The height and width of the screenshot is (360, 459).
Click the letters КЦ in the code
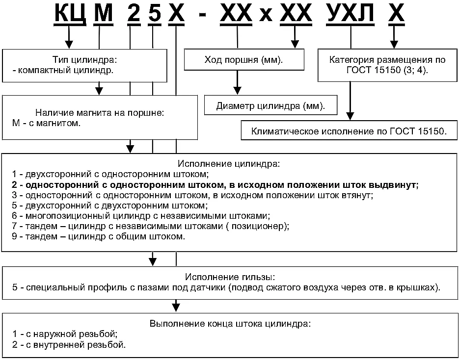pos(70,13)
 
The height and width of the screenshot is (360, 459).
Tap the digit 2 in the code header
pos(134,13)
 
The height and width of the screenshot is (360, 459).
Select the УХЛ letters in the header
pos(351,13)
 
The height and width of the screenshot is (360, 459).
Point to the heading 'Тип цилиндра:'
pos(84,60)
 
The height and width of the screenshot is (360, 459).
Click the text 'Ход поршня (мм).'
pos(244,60)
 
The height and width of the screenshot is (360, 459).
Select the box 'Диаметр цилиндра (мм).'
pos(271,105)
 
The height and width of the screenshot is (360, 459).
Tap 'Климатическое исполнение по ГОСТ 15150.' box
pos(349,130)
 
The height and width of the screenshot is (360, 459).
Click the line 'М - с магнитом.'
pos(46,123)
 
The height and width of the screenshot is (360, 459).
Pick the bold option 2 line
pos(216,185)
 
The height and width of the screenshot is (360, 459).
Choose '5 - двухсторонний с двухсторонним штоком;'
pos(110,206)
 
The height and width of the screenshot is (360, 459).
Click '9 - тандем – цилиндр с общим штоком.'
pos(99,236)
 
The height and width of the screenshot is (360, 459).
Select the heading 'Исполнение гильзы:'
pos(230,277)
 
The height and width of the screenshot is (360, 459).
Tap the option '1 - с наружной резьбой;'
pos(65,334)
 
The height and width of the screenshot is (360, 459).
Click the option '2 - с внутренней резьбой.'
pos(69,344)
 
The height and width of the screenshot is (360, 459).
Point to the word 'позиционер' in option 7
pos(258,226)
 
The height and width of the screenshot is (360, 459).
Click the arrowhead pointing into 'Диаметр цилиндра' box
pos(238,91)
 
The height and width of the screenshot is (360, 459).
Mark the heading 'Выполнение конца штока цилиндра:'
pos(230,324)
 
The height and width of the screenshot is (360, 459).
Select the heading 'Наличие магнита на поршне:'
pos(100,113)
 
